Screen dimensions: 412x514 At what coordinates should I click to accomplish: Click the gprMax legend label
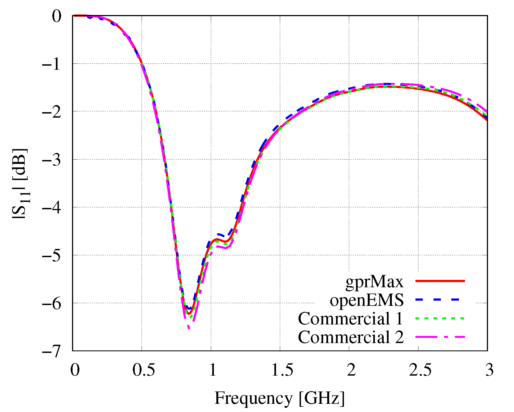374,282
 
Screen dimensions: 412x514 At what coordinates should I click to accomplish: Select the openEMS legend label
367,300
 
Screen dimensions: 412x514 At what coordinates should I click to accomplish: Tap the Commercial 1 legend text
351,319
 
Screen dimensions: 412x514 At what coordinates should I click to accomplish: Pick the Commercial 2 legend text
351,337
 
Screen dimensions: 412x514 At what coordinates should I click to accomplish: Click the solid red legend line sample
440,281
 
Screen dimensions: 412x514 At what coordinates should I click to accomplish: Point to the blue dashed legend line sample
440,300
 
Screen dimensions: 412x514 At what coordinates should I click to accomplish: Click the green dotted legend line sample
440,318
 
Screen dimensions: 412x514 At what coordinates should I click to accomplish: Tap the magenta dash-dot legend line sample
440,337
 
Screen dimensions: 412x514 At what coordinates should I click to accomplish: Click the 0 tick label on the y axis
57,16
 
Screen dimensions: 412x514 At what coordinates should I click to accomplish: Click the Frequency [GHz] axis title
280,398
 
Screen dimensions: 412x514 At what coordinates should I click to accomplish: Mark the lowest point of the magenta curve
189,328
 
